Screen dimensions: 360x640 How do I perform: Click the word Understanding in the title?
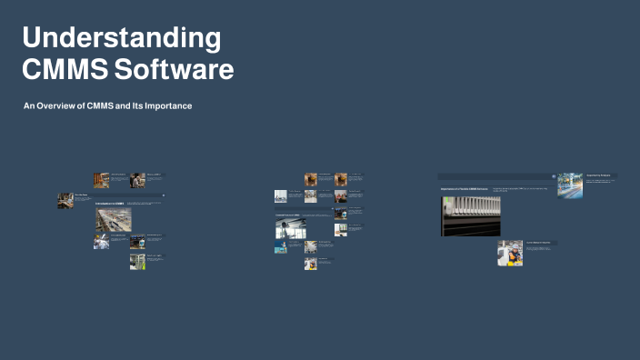pyautogui.click(x=121, y=38)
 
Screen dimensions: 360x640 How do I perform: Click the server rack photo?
pyautogui.click(x=470, y=216)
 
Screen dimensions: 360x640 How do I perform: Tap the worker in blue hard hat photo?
pyautogui.click(x=510, y=253)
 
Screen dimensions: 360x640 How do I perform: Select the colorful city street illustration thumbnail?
pyautogui.click(x=570, y=185)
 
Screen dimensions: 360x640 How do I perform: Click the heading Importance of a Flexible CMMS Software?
pyautogui.click(x=464, y=188)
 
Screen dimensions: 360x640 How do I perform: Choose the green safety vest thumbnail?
pyautogui.click(x=137, y=262)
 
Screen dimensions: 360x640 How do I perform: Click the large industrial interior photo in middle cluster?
pyautogui.click(x=290, y=227)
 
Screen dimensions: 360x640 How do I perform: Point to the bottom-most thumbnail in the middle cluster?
pyautogui.click(x=310, y=264)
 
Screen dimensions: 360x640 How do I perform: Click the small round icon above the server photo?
pyautogui.click(x=553, y=176)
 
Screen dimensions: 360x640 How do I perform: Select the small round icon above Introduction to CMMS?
pyautogui.click(x=164, y=195)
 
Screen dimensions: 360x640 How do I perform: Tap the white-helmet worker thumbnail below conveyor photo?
pyautogui.click(x=101, y=242)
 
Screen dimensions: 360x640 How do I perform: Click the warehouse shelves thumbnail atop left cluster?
pyautogui.click(x=101, y=180)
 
